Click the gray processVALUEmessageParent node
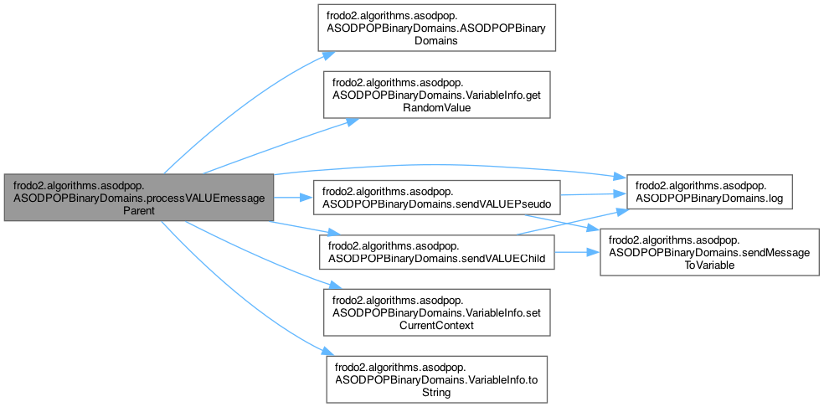(x=139, y=197)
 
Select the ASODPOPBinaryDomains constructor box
(x=436, y=28)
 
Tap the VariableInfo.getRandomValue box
(x=436, y=95)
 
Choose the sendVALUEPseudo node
(x=436, y=197)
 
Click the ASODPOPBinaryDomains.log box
(x=709, y=192)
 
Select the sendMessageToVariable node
(x=709, y=252)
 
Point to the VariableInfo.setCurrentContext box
(x=436, y=312)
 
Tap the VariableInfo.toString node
(x=436, y=379)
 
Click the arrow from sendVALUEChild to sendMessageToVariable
(x=577, y=252)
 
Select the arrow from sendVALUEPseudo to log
(x=594, y=194)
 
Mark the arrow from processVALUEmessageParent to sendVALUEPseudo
(x=293, y=197)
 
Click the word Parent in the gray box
(x=139, y=209)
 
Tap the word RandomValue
(x=436, y=106)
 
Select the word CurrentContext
(x=436, y=325)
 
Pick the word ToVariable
(x=709, y=265)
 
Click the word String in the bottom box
(x=436, y=392)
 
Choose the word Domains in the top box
(x=436, y=40)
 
